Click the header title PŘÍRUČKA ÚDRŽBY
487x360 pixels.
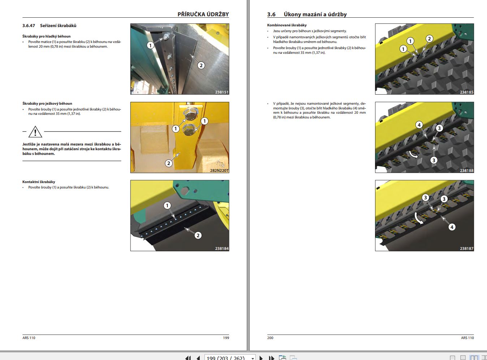[203, 14]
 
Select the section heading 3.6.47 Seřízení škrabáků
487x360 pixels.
[49, 26]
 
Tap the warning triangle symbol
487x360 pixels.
[35, 132]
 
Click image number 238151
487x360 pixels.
[221, 92]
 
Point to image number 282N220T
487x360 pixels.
[219, 170]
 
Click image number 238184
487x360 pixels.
[221, 248]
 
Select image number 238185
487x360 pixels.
[466, 92]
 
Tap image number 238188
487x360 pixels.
[466, 170]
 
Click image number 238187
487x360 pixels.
[466, 248]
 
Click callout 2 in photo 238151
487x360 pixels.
[201, 65]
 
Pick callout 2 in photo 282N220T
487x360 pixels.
[169, 163]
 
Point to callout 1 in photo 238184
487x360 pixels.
[167, 205]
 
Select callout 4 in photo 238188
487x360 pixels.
[419, 125]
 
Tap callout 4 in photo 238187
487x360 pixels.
[452, 227]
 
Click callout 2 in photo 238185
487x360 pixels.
[429, 39]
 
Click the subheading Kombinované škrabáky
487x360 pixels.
[287, 25]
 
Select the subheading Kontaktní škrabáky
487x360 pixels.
[39, 182]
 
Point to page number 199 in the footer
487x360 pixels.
[226, 338]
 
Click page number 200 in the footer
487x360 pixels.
[270, 338]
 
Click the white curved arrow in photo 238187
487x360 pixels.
[418, 218]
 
